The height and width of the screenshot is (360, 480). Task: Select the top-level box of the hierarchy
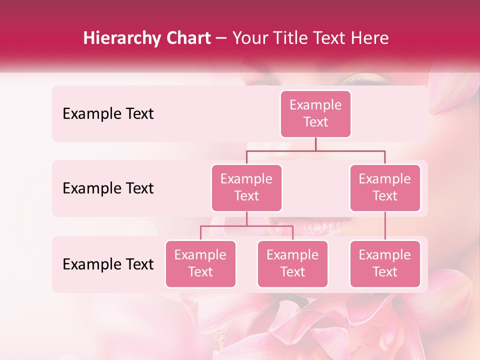tap(315, 113)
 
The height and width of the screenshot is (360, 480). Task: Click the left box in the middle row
tap(246, 187)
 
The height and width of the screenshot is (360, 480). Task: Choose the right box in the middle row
tap(384, 187)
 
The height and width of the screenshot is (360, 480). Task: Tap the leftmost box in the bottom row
tap(200, 263)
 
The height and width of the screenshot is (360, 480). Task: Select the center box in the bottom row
tap(292, 263)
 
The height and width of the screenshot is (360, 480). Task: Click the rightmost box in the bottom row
tap(384, 263)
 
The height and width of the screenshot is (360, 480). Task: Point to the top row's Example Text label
tap(108, 114)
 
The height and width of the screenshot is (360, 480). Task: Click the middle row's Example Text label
tap(108, 188)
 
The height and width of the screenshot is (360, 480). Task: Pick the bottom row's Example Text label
tap(108, 264)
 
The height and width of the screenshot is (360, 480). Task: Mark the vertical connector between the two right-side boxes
tap(384, 226)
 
